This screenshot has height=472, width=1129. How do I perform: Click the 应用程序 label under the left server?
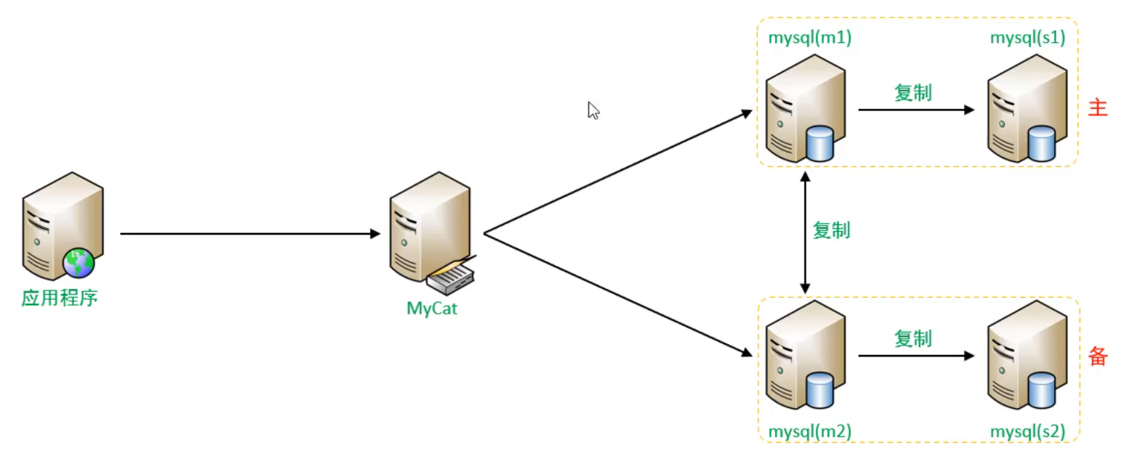[x=59, y=298]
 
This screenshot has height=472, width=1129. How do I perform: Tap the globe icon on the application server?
[x=78, y=262]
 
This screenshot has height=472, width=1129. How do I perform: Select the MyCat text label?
[x=432, y=308]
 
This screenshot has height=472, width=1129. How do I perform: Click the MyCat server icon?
[x=428, y=225]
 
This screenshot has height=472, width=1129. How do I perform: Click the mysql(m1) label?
[x=809, y=38]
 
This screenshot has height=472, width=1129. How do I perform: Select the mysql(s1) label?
[x=1027, y=38]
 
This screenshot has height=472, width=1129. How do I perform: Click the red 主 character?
[x=1097, y=108]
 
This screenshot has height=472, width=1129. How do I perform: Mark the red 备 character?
[x=1097, y=356]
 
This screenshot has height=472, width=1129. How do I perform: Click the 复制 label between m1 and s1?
[x=912, y=92]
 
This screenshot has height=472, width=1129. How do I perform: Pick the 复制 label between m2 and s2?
[x=912, y=338]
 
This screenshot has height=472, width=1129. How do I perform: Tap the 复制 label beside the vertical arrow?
[x=831, y=230]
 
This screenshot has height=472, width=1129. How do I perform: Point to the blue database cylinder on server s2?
[x=1041, y=390]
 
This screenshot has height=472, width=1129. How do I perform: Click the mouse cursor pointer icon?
[x=593, y=110]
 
